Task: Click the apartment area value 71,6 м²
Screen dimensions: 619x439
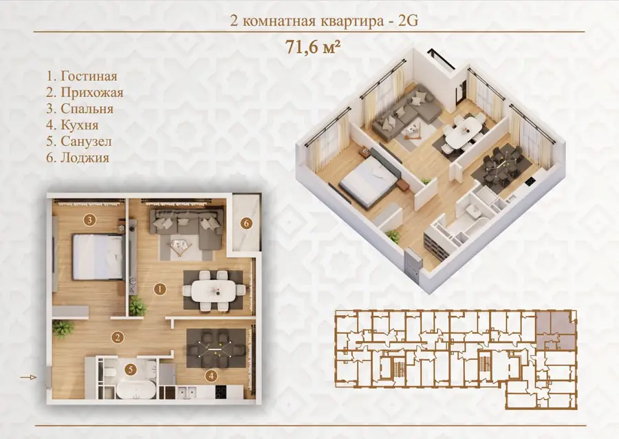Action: click(313, 47)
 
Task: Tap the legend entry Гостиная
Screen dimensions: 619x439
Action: click(82, 76)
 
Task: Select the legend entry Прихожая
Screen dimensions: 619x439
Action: click(85, 92)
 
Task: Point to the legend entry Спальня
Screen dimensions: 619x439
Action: click(80, 109)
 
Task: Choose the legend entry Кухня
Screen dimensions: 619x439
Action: click(72, 125)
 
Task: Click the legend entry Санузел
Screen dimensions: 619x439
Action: click(79, 141)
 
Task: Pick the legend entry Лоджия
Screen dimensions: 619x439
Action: click(77, 158)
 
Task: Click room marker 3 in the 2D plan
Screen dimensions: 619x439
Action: click(89, 219)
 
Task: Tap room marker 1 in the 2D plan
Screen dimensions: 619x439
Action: click(160, 290)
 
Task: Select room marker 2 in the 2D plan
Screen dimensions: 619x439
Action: click(117, 337)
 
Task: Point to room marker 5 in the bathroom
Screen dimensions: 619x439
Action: click(130, 370)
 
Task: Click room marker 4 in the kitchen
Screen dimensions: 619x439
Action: click(211, 376)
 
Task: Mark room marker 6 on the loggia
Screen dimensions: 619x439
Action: click(246, 224)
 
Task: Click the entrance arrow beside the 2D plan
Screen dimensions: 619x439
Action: click(28, 377)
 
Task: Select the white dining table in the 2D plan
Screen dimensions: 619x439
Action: click(214, 290)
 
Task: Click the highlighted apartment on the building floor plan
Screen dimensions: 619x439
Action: click(555, 330)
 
